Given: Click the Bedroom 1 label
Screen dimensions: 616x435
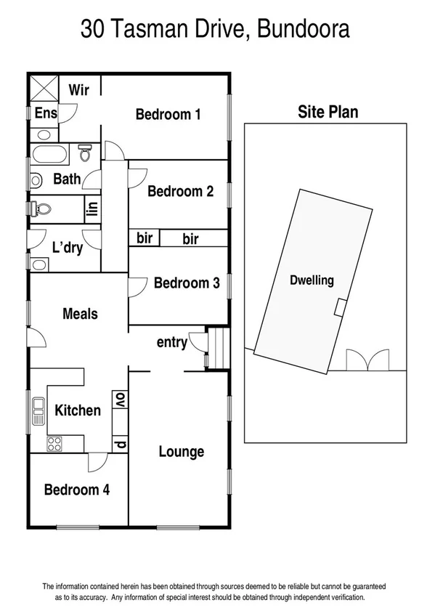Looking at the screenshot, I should (x=168, y=114).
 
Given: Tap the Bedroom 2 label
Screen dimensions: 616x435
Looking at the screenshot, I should (x=180, y=191).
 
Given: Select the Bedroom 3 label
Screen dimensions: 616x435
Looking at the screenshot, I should (x=187, y=283).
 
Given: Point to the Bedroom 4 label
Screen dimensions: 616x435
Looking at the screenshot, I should (x=77, y=490).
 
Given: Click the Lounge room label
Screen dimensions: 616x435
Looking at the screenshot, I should (x=182, y=451).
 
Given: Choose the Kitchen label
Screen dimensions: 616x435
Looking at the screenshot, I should (x=78, y=410).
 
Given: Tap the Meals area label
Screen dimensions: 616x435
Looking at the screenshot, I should (x=80, y=314).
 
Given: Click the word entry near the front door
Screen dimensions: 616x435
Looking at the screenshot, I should (x=172, y=343).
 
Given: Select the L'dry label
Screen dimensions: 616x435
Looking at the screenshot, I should (x=67, y=248).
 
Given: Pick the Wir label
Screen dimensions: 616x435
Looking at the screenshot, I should (x=78, y=90).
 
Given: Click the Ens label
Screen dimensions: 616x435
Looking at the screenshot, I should (x=46, y=113).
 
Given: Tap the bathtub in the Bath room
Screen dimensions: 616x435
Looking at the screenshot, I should (x=49, y=155).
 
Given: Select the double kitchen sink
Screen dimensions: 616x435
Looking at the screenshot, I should (x=38, y=411).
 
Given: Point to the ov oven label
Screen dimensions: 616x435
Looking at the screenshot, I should (x=119, y=400).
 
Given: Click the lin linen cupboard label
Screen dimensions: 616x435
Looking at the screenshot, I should (x=92, y=210).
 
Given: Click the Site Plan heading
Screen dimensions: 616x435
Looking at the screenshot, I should (x=328, y=112).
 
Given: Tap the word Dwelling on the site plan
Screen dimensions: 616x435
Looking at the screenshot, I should (x=312, y=280).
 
